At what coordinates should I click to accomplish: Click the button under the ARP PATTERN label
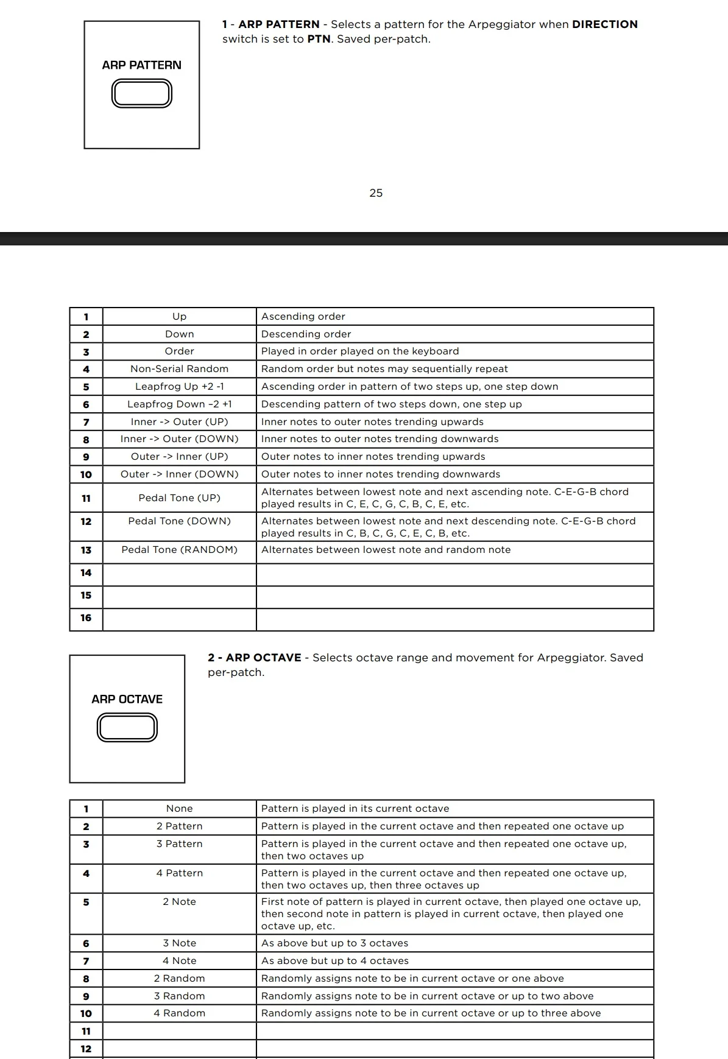[142, 94]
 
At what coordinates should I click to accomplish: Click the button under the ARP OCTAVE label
[127, 728]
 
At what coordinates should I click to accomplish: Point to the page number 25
[376, 193]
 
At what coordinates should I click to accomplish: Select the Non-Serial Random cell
[179, 369]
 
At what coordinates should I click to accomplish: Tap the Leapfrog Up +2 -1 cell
[179, 387]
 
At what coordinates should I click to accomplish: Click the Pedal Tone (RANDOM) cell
[179, 550]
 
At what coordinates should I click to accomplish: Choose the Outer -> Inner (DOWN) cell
[179, 474]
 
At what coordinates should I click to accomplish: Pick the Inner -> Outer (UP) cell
[179, 422]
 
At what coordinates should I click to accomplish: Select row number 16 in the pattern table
[86, 618]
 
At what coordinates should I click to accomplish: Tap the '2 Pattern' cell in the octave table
[179, 826]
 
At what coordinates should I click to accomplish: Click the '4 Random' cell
[179, 1013]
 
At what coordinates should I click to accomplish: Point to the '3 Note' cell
[179, 943]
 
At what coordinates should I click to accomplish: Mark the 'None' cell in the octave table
[179, 809]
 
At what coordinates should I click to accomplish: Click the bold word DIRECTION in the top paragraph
[604, 24]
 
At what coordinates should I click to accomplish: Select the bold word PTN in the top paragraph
[319, 39]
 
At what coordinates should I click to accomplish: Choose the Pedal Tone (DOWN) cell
[179, 521]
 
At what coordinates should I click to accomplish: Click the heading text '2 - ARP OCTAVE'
[255, 658]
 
